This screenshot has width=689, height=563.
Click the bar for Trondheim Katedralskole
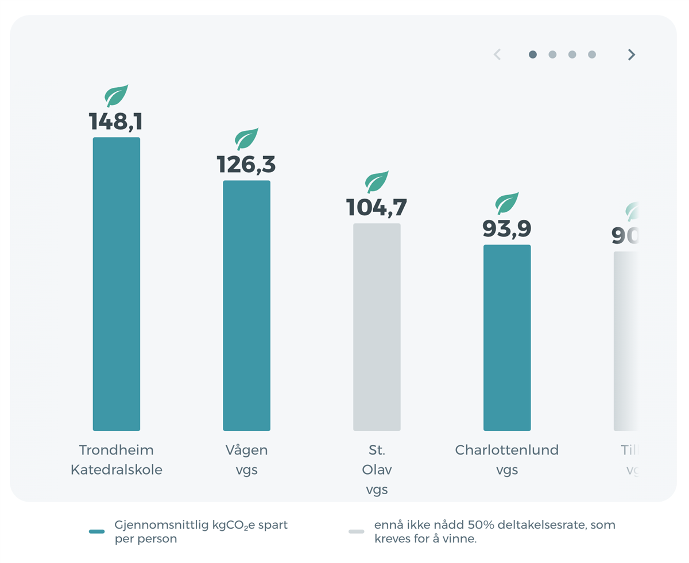click(x=117, y=284)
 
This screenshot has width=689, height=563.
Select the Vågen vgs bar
click(x=246, y=305)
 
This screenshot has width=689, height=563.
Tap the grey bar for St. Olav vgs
click(x=377, y=327)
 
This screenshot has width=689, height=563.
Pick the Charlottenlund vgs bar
click(x=507, y=337)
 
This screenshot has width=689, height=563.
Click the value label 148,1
click(x=116, y=122)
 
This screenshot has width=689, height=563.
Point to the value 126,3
click(x=246, y=165)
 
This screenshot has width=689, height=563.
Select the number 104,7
click(x=377, y=207)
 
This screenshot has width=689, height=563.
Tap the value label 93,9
click(x=507, y=228)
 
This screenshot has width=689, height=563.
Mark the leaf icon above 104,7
click(x=377, y=181)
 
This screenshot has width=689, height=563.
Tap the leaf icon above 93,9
click(x=507, y=203)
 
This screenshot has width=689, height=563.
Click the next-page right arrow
click(x=632, y=55)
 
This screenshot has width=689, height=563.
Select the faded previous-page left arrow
click(x=497, y=55)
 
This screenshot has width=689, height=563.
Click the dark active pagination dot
click(x=533, y=55)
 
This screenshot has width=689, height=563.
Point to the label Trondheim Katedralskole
click(x=117, y=460)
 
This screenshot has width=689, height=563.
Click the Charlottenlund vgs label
click(x=507, y=460)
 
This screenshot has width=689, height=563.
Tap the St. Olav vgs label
click(x=377, y=469)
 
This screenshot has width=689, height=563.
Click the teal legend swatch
click(x=97, y=531)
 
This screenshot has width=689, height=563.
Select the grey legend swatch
click(x=357, y=531)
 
